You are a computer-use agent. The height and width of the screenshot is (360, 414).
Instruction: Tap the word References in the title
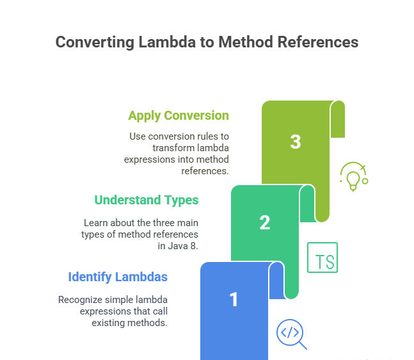[x=318, y=42]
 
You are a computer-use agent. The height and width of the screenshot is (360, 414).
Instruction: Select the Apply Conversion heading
[x=179, y=116]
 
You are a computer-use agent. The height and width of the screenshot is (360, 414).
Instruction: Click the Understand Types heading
[x=147, y=200]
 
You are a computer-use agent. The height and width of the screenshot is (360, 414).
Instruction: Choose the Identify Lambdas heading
[x=118, y=277]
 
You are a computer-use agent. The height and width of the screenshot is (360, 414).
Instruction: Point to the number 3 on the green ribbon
[x=296, y=142]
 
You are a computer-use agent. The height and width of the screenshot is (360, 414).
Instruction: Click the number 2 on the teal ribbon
[x=265, y=223]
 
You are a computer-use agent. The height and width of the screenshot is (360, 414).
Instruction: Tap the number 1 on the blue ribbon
[x=234, y=300]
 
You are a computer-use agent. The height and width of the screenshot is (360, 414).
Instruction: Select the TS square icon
[x=322, y=258]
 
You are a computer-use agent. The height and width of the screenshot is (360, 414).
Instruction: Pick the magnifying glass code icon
[x=292, y=334]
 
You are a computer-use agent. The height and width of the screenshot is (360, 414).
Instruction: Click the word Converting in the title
[x=95, y=42]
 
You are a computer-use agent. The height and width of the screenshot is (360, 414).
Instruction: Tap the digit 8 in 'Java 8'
[x=194, y=246]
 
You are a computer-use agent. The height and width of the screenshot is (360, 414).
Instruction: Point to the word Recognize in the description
[x=80, y=300]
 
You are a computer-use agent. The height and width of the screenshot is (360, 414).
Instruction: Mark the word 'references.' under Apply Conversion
[x=205, y=171]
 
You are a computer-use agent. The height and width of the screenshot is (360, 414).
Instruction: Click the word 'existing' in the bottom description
[x=109, y=323]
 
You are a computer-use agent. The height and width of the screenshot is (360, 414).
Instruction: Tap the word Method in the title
[x=246, y=42]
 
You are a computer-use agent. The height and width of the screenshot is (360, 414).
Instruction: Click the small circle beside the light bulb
[x=365, y=181]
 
